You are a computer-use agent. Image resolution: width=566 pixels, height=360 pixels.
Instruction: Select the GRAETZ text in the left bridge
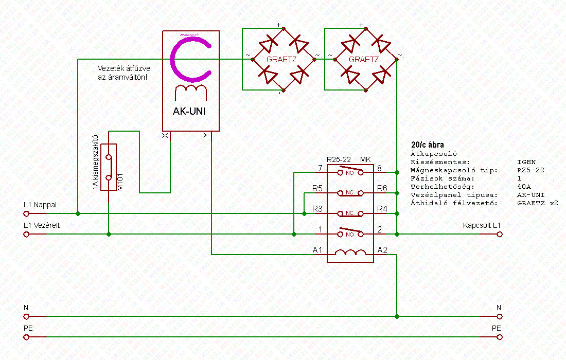281,59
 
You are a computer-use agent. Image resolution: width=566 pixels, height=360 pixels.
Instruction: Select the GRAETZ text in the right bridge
364,59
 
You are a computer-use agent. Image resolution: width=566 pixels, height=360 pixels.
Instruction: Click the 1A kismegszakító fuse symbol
109,167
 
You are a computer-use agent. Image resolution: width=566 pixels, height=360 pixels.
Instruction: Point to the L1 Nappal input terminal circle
26,213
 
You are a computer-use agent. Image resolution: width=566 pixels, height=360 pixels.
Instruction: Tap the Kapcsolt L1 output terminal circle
499,234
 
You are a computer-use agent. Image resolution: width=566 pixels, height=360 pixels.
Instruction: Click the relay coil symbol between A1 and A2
350,253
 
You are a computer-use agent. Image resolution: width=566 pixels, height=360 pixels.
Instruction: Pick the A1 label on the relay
318,250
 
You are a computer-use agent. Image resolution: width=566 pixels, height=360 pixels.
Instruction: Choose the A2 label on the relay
382,250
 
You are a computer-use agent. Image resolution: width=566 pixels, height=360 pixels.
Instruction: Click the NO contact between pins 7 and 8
350,172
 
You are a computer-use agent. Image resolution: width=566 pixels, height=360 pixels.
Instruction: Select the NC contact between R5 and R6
350,193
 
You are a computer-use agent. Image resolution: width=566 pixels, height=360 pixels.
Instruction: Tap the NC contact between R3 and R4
350,213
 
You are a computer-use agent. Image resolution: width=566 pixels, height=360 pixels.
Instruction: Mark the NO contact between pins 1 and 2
350,233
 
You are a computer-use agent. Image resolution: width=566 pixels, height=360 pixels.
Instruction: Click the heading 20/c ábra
428,145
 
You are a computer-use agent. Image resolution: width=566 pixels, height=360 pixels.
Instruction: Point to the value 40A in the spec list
524,187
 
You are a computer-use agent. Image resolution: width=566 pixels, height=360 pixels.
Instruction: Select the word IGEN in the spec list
526,161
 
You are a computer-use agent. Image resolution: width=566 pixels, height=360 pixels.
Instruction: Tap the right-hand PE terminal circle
499,337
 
